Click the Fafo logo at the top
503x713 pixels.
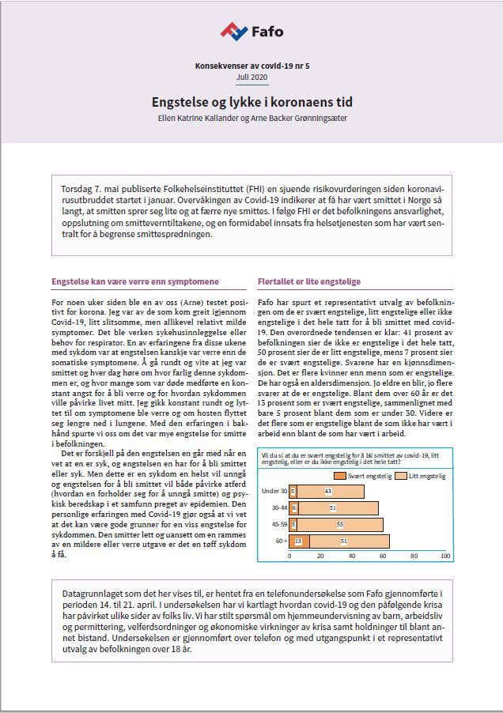point(251,32)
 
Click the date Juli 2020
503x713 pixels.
point(251,77)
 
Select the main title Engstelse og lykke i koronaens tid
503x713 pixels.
point(251,103)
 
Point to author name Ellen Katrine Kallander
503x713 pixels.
point(202,119)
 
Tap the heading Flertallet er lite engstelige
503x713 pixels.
point(309,281)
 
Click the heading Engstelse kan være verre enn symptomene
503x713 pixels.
point(135,281)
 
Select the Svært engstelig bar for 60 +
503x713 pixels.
point(299,541)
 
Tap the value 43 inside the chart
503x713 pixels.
point(327,492)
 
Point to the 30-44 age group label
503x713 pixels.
point(278,508)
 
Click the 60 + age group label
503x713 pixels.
point(279,541)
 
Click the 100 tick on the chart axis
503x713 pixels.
point(446,556)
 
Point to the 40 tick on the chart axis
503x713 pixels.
point(353,556)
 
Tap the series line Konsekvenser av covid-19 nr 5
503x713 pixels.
point(251,66)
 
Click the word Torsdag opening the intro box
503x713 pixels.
point(77,191)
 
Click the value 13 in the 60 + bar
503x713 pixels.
point(298,541)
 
